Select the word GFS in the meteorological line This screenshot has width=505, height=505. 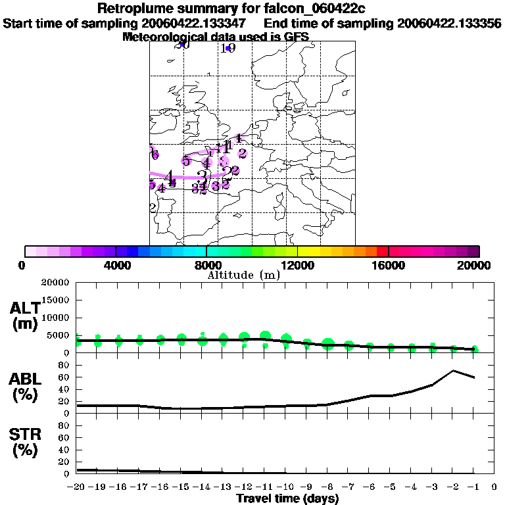click(x=296, y=37)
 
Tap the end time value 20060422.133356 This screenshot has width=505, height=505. click(x=450, y=23)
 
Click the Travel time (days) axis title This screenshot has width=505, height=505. click(x=287, y=499)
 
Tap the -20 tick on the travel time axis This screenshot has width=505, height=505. click(x=76, y=487)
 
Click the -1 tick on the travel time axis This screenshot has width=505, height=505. click(x=473, y=487)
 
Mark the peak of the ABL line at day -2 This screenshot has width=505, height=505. click(x=453, y=371)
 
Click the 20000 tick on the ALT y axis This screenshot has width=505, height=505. click(x=57, y=283)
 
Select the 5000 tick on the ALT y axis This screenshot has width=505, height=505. click(x=59, y=335)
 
